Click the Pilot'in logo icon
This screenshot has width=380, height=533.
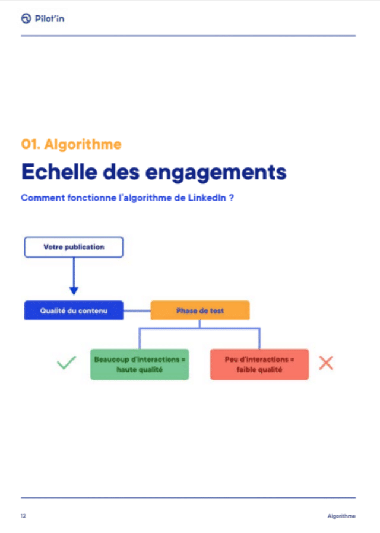(26, 18)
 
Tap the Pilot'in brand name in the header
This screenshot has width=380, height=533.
(50, 18)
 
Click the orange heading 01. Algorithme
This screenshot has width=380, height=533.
(71, 144)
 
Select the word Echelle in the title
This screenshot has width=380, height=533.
(59, 172)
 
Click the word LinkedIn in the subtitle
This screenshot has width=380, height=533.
(207, 198)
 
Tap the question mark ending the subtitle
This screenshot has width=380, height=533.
(232, 198)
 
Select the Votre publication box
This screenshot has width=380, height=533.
(74, 247)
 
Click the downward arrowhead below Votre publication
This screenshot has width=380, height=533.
(74, 291)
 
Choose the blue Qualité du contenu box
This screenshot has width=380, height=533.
(74, 310)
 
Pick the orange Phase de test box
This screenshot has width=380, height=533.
(200, 310)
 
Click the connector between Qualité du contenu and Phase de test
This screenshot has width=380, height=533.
(137, 310)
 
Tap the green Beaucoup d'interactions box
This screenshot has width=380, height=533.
(140, 364)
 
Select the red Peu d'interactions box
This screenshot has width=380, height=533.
(259, 364)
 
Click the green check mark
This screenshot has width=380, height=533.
(66, 363)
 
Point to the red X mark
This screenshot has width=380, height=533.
(326, 363)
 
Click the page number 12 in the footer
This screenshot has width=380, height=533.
(23, 516)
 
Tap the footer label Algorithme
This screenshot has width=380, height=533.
(341, 516)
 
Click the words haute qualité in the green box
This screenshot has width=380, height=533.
(140, 370)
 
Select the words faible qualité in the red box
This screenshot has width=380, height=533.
(259, 370)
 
